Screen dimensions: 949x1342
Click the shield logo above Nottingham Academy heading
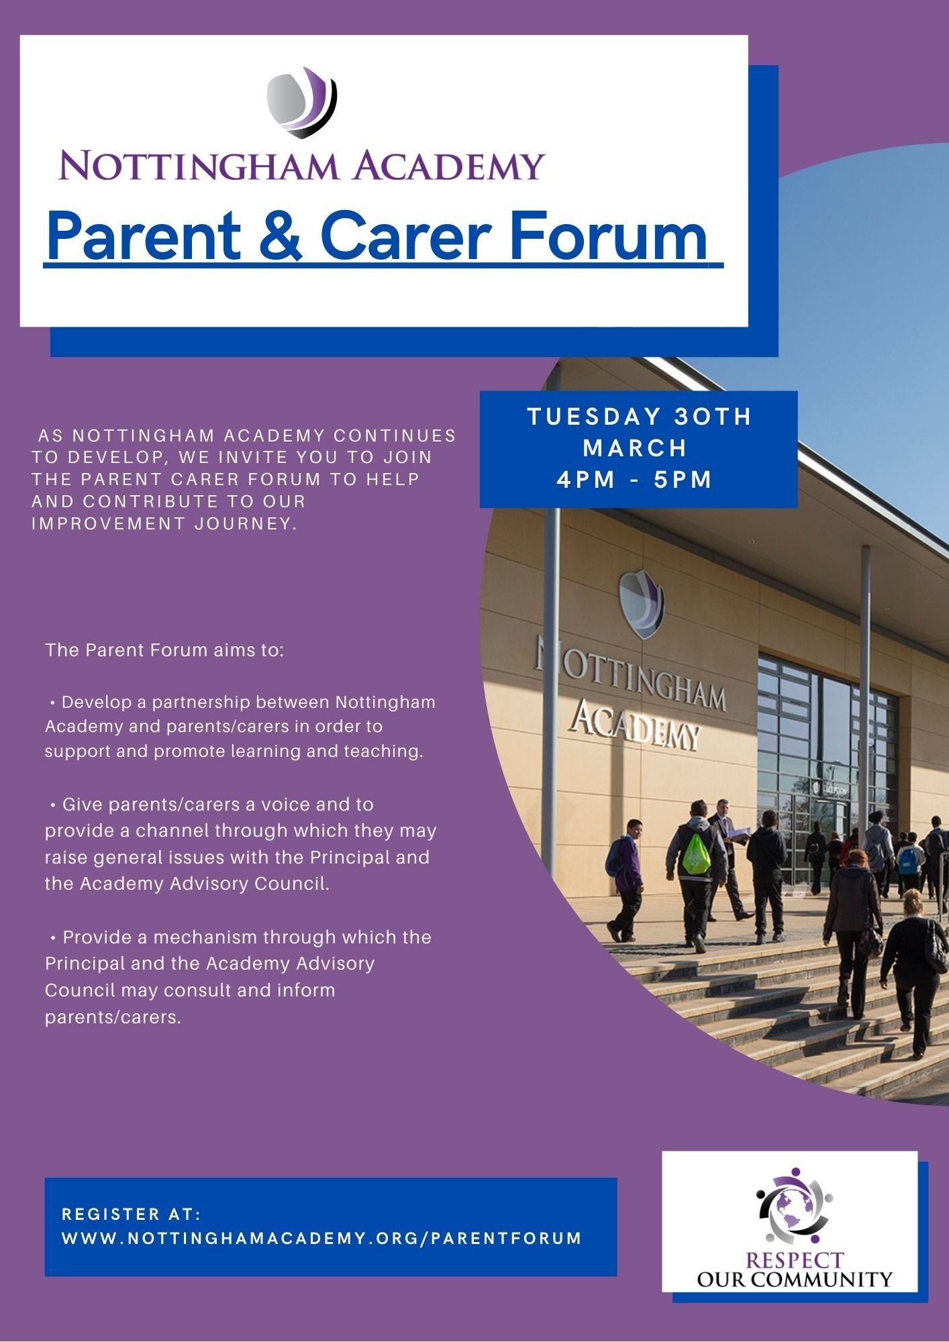[x=302, y=102]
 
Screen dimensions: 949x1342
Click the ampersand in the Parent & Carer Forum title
[x=281, y=236]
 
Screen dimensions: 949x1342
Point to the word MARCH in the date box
[x=636, y=448]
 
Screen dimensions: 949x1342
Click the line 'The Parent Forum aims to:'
[x=165, y=650]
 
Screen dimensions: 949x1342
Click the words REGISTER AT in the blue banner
[x=132, y=1215]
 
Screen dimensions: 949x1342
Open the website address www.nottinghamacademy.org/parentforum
[x=322, y=1239]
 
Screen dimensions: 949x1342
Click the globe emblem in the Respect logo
[x=795, y=1207]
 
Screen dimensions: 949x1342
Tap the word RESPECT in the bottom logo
[x=795, y=1260]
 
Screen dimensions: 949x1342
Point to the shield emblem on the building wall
[x=640, y=604]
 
